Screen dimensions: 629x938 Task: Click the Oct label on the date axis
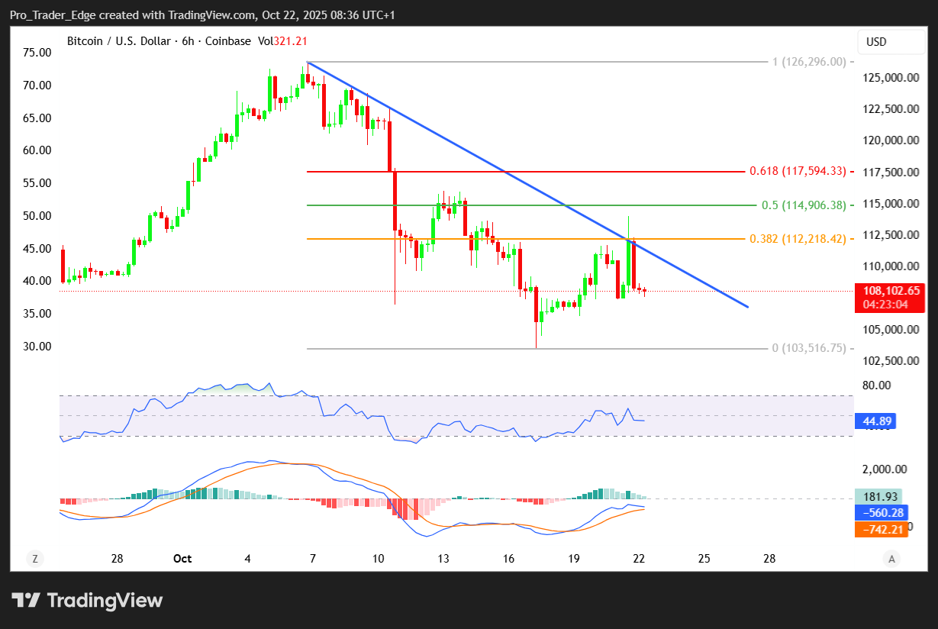pos(182,559)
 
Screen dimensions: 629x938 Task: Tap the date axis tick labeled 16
pos(508,559)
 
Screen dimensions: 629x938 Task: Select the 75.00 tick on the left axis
pos(37,53)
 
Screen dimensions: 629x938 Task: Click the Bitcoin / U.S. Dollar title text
pos(119,41)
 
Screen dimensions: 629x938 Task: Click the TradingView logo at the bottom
pos(87,600)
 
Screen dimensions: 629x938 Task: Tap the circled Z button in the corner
pos(34,559)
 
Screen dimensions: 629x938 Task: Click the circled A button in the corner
pos(891,559)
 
